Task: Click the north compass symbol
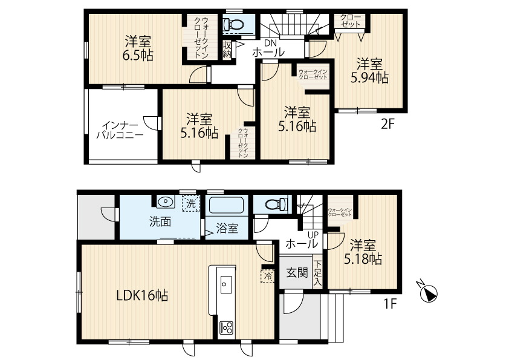428,292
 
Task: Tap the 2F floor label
387,124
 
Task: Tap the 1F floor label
390,304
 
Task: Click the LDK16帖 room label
142,295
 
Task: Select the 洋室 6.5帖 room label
138,49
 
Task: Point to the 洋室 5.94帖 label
369,71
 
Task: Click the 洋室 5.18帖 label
363,252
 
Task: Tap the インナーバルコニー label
120,130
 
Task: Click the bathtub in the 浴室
227,205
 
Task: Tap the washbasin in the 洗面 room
166,201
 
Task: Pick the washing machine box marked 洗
190,204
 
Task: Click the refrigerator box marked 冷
268,277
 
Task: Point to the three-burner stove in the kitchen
226,328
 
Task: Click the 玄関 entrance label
297,273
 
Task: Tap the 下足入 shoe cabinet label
317,273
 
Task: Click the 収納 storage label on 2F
227,50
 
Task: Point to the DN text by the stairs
270,43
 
